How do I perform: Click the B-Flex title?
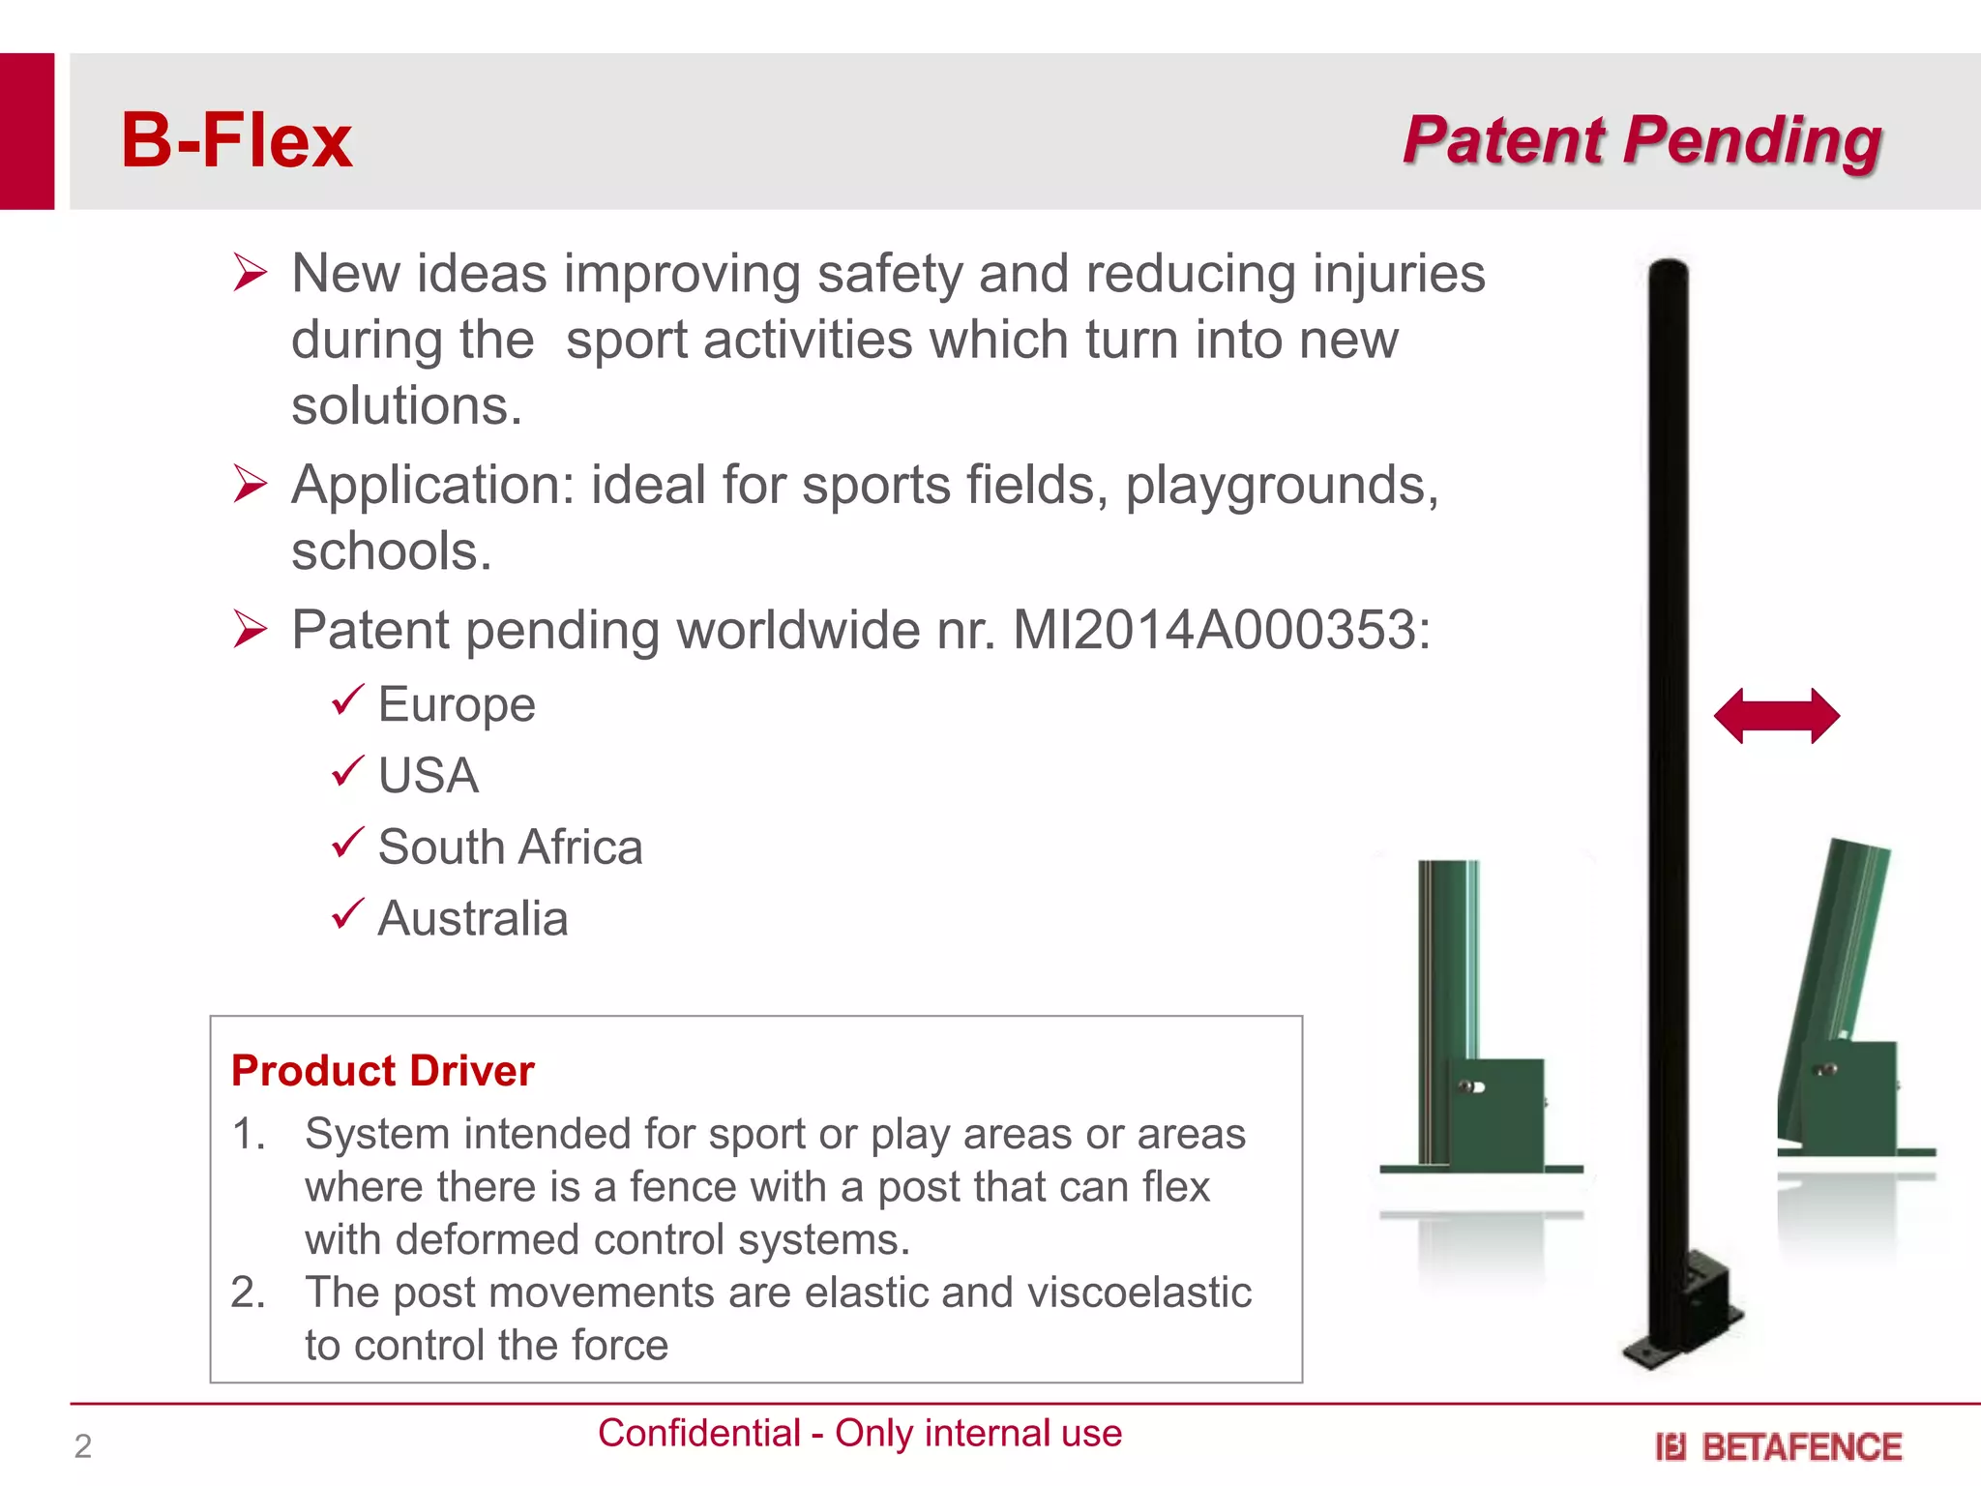236,141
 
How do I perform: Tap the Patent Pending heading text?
1641,140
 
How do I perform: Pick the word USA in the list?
428,776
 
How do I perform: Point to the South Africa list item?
510,847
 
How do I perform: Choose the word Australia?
472,919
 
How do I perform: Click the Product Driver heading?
382,1071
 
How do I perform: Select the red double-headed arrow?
1776,716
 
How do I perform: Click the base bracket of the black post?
1688,1316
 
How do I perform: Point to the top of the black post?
1669,271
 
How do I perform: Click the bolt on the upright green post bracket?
1470,1086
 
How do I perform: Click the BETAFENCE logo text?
1800,1447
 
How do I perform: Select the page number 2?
83,1446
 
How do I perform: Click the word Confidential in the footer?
698,1433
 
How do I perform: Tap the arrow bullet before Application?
250,484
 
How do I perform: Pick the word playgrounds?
1281,486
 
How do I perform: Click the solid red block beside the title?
26,131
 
